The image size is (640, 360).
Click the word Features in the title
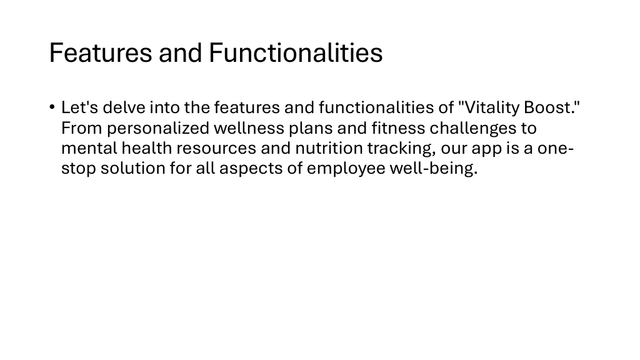(x=101, y=52)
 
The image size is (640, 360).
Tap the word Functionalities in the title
(x=296, y=52)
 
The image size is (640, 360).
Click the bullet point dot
(x=52, y=107)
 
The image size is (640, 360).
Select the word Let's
(x=79, y=107)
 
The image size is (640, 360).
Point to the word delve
(x=124, y=107)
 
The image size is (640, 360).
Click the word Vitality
(x=489, y=107)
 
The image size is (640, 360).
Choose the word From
(x=82, y=128)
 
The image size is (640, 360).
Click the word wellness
(x=249, y=128)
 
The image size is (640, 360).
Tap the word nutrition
(x=329, y=148)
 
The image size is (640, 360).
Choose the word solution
(x=133, y=168)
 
